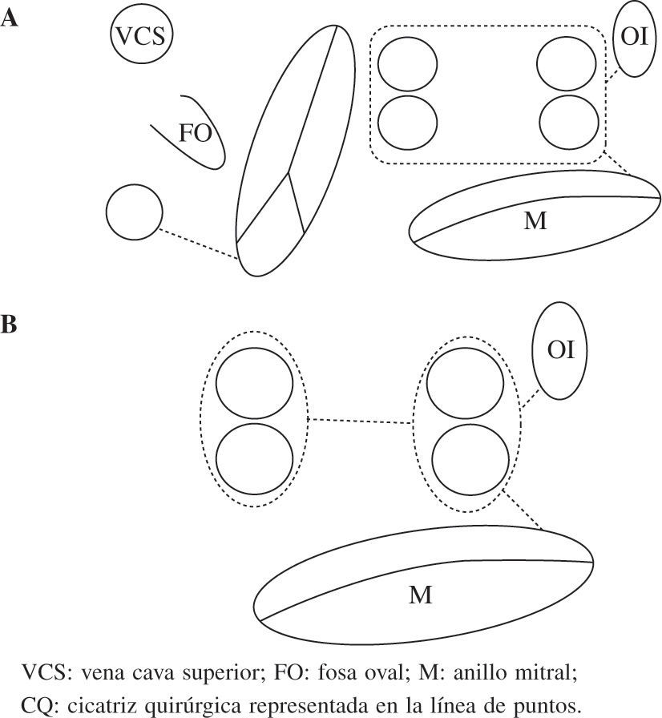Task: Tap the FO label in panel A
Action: [x=194, y=133]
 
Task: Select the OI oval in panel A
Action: [x=633, y=38]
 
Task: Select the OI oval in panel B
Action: [x=560, y=350]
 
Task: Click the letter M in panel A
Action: [x=535, y=222]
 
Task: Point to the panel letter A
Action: [x=10, y=18]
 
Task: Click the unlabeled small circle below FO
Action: [x=134, y=212]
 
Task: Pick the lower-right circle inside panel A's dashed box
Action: [x=569, y=123]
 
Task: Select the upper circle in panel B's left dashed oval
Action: [x=253, y=384]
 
